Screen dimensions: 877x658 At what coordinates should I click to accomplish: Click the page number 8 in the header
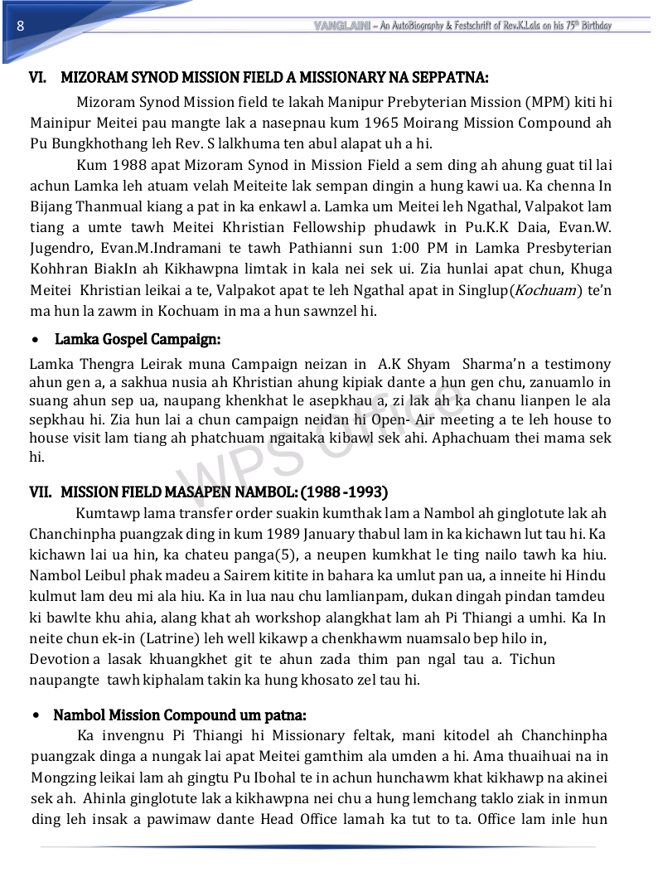point(19,26)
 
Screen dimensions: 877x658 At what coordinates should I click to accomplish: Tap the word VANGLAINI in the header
point(341,26)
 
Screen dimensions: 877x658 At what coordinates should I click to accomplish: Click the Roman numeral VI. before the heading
point(38,78)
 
